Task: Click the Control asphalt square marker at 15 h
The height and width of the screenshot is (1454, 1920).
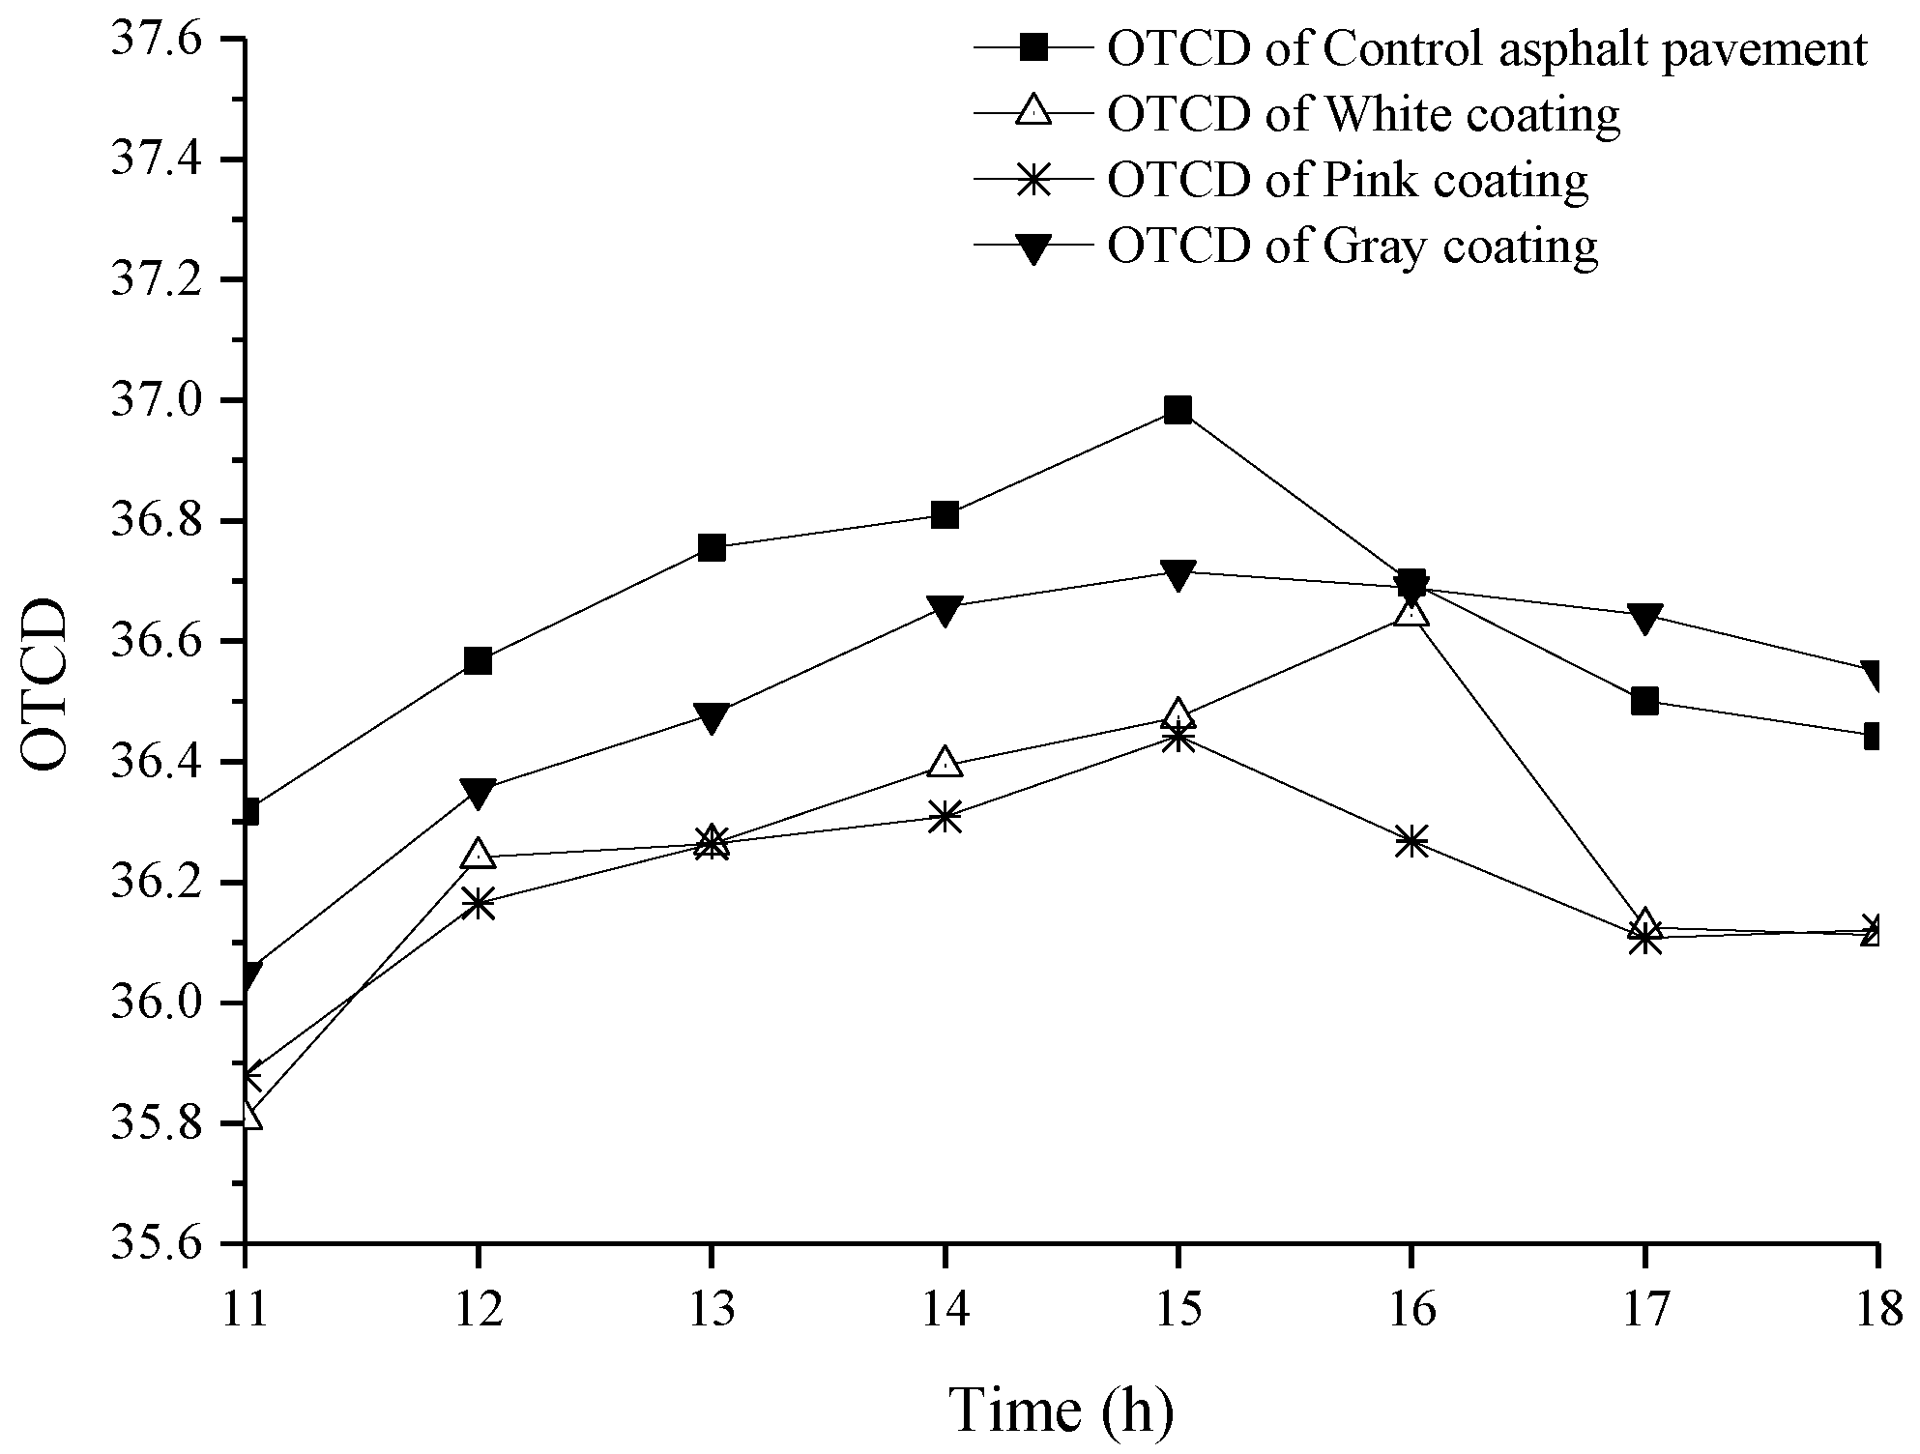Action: pos(1178,410)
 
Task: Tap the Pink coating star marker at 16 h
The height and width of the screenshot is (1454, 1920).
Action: pos(1411,841)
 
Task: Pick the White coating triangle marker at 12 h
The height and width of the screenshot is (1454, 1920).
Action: pos(478,854)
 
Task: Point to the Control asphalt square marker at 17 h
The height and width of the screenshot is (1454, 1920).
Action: pos(1644,701)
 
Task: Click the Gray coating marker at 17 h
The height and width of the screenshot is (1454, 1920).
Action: pos(1644,616)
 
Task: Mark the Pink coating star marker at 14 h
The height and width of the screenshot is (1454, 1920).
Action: pos(945,818)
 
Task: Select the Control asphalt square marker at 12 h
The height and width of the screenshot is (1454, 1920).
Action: pos(478,661)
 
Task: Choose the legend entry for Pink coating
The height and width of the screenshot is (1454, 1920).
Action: pos(1347,180)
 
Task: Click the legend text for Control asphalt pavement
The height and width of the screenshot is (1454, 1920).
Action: pos(1486,48)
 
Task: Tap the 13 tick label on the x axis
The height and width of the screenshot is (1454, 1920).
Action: pos(711,1311)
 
